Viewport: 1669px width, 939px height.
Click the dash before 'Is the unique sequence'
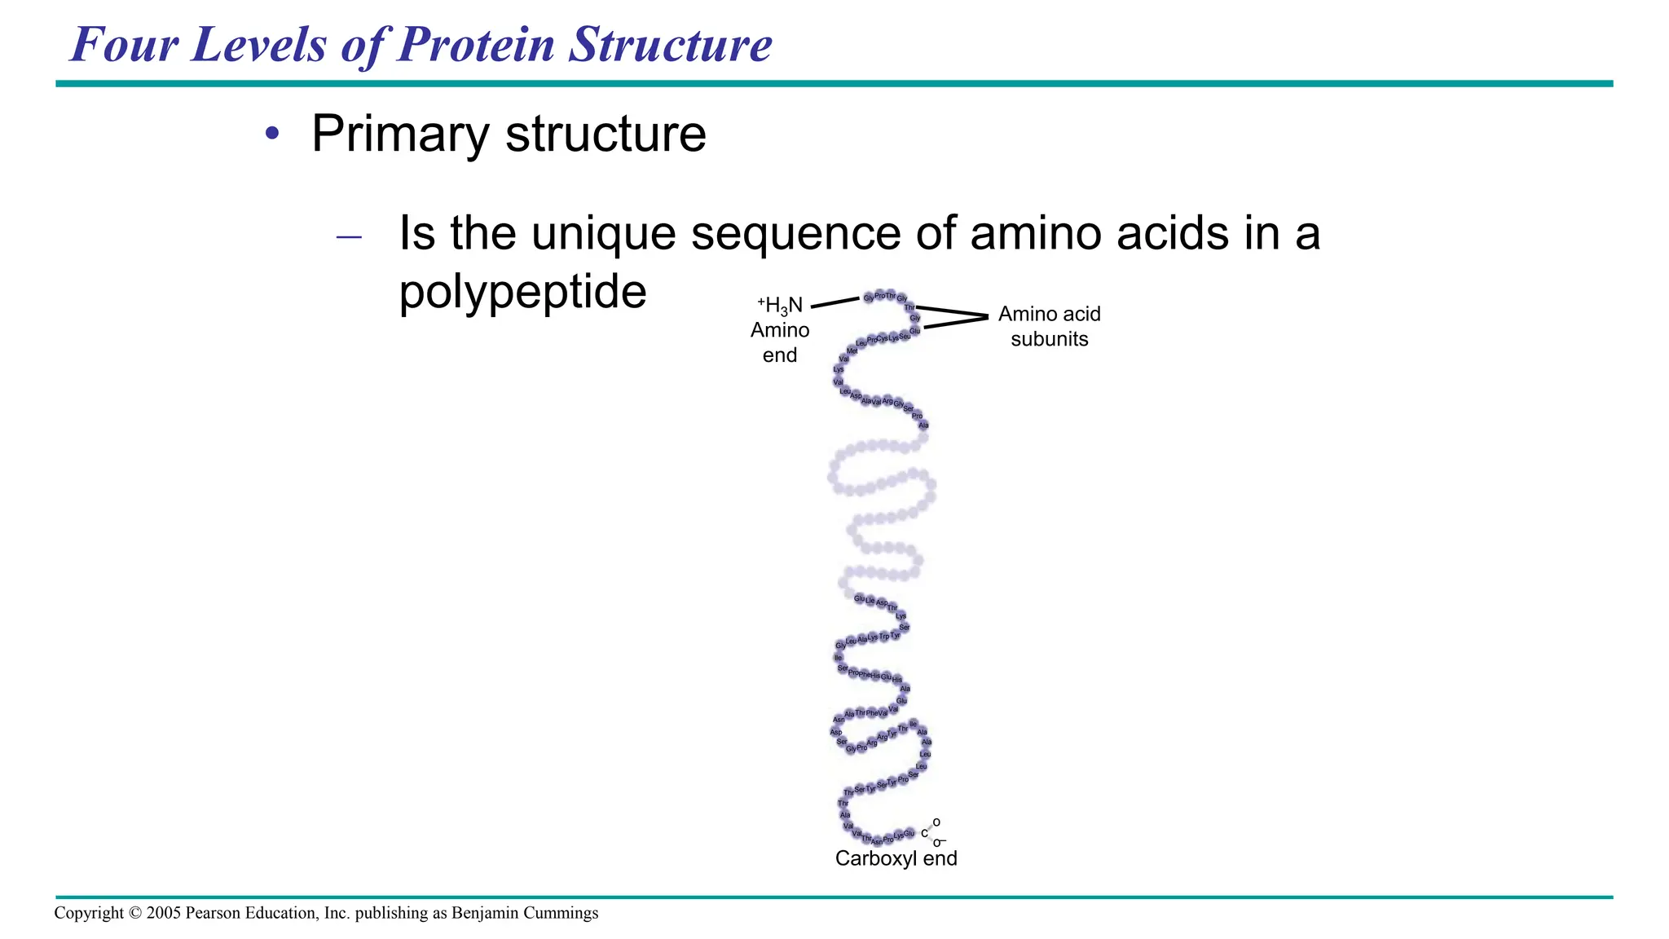click(349, 238)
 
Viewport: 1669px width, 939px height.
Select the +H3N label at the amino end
click(780, 306)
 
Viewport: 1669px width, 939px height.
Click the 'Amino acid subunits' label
click(1049, 326)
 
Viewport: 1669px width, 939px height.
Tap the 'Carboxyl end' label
click(896, 858)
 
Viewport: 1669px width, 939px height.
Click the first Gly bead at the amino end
click(869, 298)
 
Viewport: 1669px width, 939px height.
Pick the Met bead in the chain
click(852, 351)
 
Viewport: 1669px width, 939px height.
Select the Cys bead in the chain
click(883, 338)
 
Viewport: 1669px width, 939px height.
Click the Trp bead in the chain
click(884, 637)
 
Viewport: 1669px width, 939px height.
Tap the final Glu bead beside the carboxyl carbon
click(909, 833)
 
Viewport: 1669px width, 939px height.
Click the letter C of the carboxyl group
click(924, 834)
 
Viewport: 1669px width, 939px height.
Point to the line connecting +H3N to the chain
click(835, 302)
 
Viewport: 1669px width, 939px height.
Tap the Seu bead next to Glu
click(905, 336)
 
